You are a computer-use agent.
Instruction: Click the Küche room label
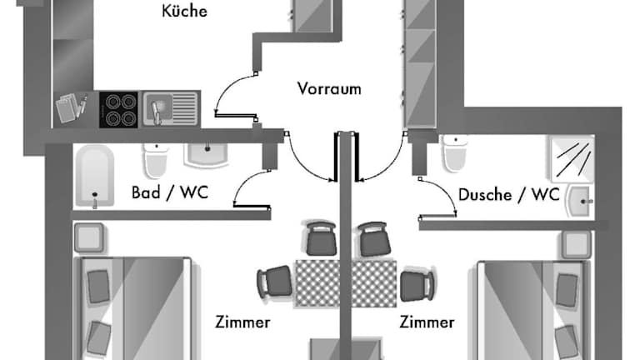point(184,12)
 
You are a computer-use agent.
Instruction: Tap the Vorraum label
point(329,88)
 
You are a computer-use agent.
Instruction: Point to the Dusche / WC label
point(508,195)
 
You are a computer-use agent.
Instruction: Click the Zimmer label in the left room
point(242,322)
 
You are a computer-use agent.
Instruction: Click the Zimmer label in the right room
point(427,322)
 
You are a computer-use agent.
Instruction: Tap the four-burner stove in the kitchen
point(118,109)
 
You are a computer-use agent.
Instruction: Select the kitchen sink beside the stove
point(171,108)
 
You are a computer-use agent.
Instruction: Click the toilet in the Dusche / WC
point(454,154)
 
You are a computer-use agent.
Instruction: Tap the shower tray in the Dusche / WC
point(572,157)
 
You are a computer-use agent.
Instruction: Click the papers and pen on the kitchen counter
point(72,108)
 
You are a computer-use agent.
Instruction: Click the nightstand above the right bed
point(574,243)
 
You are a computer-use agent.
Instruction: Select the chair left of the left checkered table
point(273,283)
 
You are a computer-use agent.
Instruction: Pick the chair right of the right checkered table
point(415,283)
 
